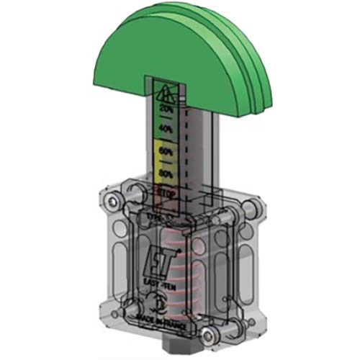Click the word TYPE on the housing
click(154, 215)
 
